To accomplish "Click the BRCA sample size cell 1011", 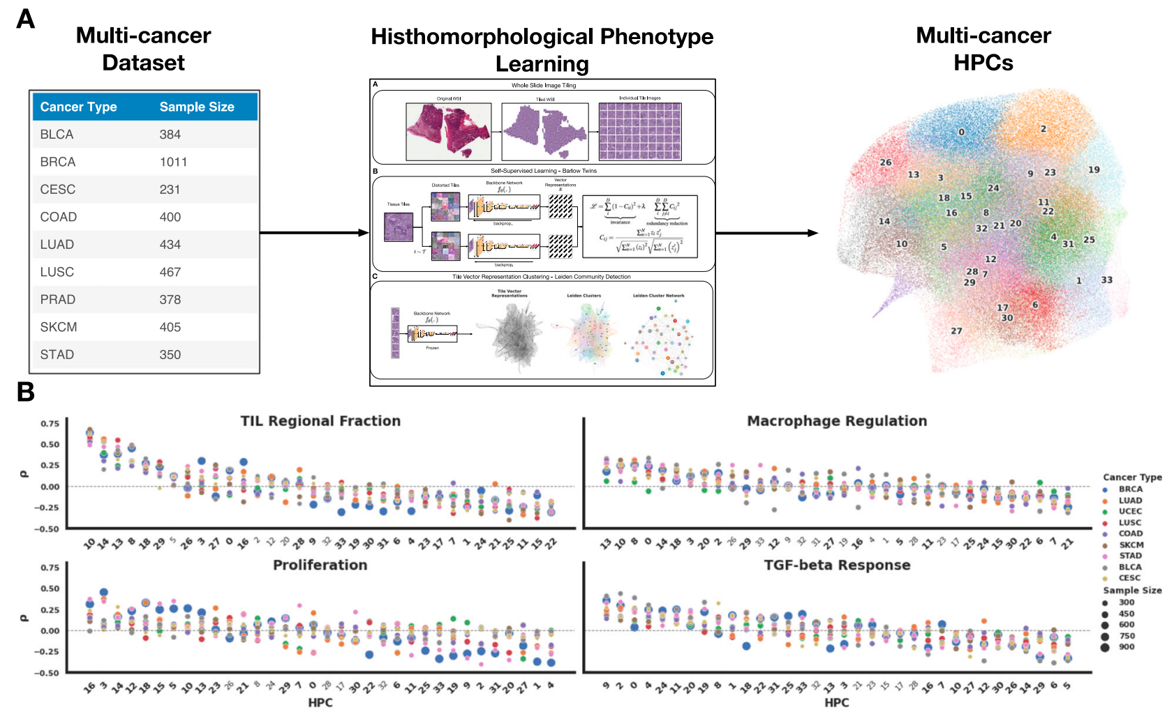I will click(173, 162).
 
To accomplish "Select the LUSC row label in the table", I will click(57, 272).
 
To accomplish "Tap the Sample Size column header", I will click(197, 107).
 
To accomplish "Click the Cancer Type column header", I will click(78, 107).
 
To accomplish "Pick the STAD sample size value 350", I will click(170, 354).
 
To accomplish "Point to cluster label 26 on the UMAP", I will click(885, 162).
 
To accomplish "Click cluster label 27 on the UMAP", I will click(956, 331).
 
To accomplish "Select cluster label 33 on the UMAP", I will click(1106, 280).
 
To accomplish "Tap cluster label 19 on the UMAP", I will click(1094, 169).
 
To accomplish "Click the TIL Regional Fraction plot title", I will click(320, 421).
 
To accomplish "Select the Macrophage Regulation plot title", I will click(837, 421).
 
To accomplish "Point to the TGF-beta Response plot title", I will click(837, 565).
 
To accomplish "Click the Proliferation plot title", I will click(320, 565).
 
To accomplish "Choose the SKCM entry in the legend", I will click(1131, 545).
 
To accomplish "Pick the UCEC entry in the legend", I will click(1130, 511).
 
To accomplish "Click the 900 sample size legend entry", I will click(1126, 647).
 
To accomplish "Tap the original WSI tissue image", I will click(449, 131).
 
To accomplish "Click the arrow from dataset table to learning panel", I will click(314, 233).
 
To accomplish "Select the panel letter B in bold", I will click(26, 393).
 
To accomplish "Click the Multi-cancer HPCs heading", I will click(983, 49).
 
